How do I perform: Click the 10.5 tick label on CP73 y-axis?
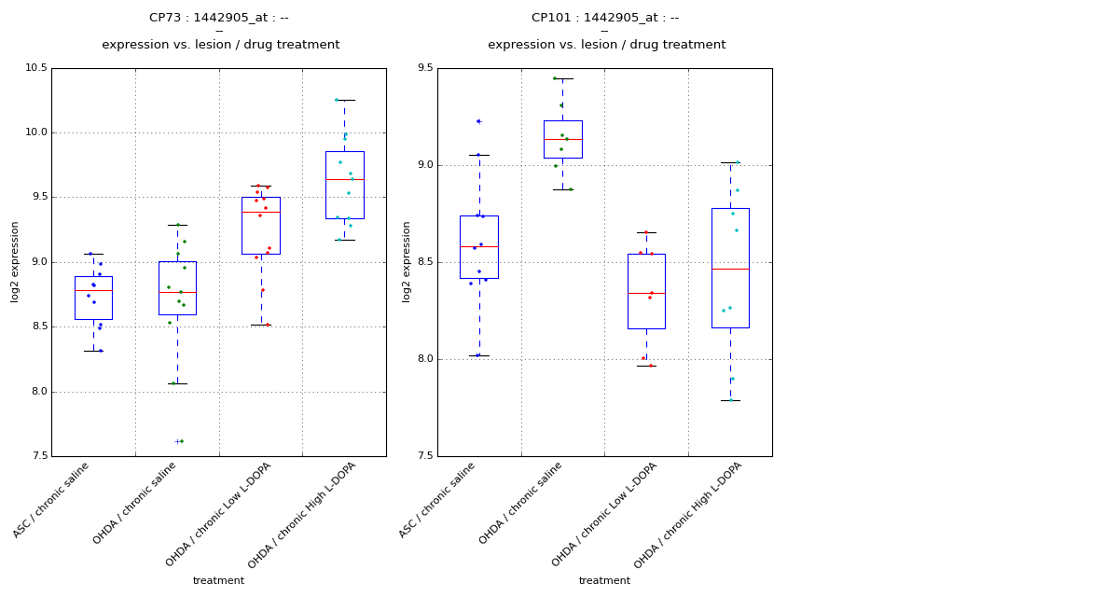[x=34, y=68]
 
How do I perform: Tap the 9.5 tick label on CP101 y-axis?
[x=424, y=68]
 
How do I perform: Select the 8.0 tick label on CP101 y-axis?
[x=424, y=359]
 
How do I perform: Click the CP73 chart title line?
[x=219, y=18]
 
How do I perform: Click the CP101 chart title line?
[x=605, y=18]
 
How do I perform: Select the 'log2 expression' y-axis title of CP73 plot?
[x=15, y=261]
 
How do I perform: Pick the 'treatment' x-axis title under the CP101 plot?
[x=604, y=581]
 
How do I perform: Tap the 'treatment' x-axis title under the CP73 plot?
[x=218, y=581]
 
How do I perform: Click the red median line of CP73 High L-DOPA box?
[x=344, y=179]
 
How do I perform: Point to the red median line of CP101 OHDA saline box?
[x=562, y=139]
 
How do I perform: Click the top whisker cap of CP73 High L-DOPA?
[x=344, y=100]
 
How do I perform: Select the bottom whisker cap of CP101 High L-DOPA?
[x=730, y=400]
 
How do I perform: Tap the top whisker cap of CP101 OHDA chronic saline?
[x=562, y=78]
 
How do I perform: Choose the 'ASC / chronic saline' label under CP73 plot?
[x=58, y=501]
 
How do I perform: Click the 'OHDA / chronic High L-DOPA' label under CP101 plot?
[x=680, y=516]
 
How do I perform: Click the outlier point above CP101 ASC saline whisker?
[x=478, y=121]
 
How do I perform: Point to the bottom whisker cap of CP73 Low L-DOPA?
[x=260, y=325]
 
